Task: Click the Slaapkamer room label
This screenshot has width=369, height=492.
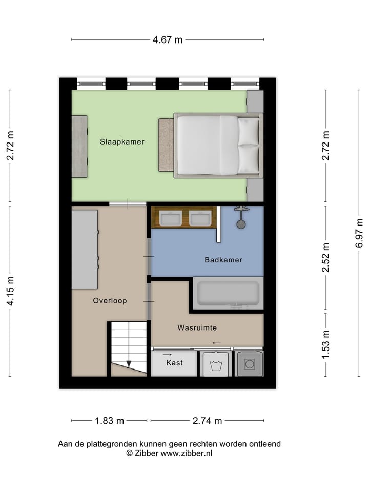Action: coord(122,142)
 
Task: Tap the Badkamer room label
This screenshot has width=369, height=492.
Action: coord(223,260)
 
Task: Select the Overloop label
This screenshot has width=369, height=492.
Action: coord(110,301)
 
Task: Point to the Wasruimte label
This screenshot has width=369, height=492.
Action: coord(197,327)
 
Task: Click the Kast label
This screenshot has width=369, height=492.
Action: coord(174,362)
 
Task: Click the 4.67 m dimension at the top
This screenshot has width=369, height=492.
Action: coord(168,40)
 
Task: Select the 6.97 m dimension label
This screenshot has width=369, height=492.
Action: coord(359,233)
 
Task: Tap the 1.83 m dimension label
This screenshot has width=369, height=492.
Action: coord(110,421)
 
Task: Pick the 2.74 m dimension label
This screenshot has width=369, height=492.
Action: coord(207,421)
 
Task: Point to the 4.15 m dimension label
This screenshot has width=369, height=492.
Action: coord(10,291)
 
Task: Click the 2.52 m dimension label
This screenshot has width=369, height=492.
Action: coord(325,258)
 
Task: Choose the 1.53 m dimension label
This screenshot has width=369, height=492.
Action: coord(325,344)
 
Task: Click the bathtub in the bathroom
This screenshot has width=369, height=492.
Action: coord(228,293)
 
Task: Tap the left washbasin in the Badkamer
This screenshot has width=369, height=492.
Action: coord(170,219)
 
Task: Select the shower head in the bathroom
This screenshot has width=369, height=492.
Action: coord(241,224)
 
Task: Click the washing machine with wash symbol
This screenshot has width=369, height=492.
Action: coord(215,364)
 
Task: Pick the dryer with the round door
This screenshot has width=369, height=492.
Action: coord(250,364)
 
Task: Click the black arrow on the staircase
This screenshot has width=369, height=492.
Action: coord(129,364)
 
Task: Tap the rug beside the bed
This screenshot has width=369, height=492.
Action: coord(166,145)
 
